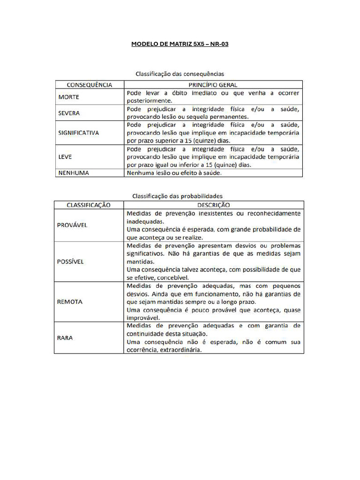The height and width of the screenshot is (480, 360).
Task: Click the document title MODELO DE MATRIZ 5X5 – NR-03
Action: coord(180,45)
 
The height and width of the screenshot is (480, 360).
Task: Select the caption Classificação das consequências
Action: coord(180,74)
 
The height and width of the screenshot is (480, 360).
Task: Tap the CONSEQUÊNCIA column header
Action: coord(90,85)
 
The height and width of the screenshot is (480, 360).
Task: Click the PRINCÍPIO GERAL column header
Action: coord(213,85)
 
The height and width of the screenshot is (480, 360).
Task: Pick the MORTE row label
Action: coord(69,97)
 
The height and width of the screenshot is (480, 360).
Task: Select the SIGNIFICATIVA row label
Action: coord(79,133)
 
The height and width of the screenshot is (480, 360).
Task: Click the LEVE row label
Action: coord(65,157)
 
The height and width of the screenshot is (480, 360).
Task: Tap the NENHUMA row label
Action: coord(74,172)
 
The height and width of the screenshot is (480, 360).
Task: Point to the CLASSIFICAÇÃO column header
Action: coord(89,205)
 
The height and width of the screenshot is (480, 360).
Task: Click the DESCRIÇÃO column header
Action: coord(213,205)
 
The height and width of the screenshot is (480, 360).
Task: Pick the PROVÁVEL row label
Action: coord(72,225)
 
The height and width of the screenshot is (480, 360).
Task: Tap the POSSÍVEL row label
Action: coord(71,262)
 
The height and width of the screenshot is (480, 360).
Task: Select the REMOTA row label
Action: coord(70,302)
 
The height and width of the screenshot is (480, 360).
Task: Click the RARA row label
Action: coord(65,337)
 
